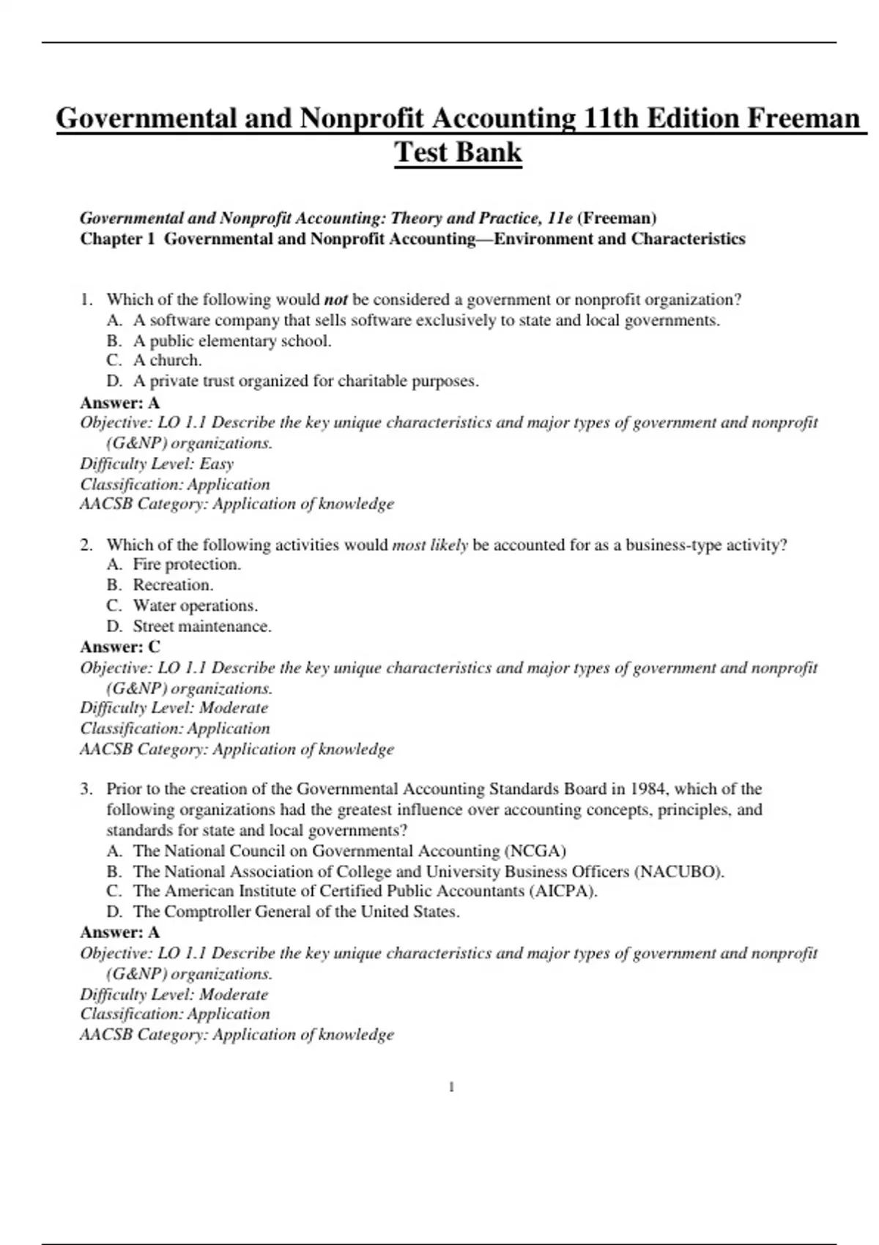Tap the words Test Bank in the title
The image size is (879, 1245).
[x=458, y=153]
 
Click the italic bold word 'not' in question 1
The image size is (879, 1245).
[x=335, y=300]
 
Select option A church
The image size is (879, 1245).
[x=167, y=360]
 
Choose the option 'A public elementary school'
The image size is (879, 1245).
[x=231, y=341]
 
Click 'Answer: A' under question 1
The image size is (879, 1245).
[x=119, y=403]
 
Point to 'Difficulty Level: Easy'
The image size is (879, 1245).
[x=157, y=464]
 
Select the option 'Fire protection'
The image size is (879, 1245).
[x=186, y=565]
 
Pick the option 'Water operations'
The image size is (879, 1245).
[x=195, y=606]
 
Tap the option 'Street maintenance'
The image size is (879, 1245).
[x=201, y=626]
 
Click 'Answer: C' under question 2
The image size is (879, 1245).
[x=119, y=647]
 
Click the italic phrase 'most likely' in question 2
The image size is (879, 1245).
[x=430, y=545]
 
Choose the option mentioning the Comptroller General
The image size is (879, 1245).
[x=296, y=912]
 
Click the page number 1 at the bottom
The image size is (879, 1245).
[x=451, y=1088]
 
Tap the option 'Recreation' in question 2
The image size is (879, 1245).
[x=173, y=585]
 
